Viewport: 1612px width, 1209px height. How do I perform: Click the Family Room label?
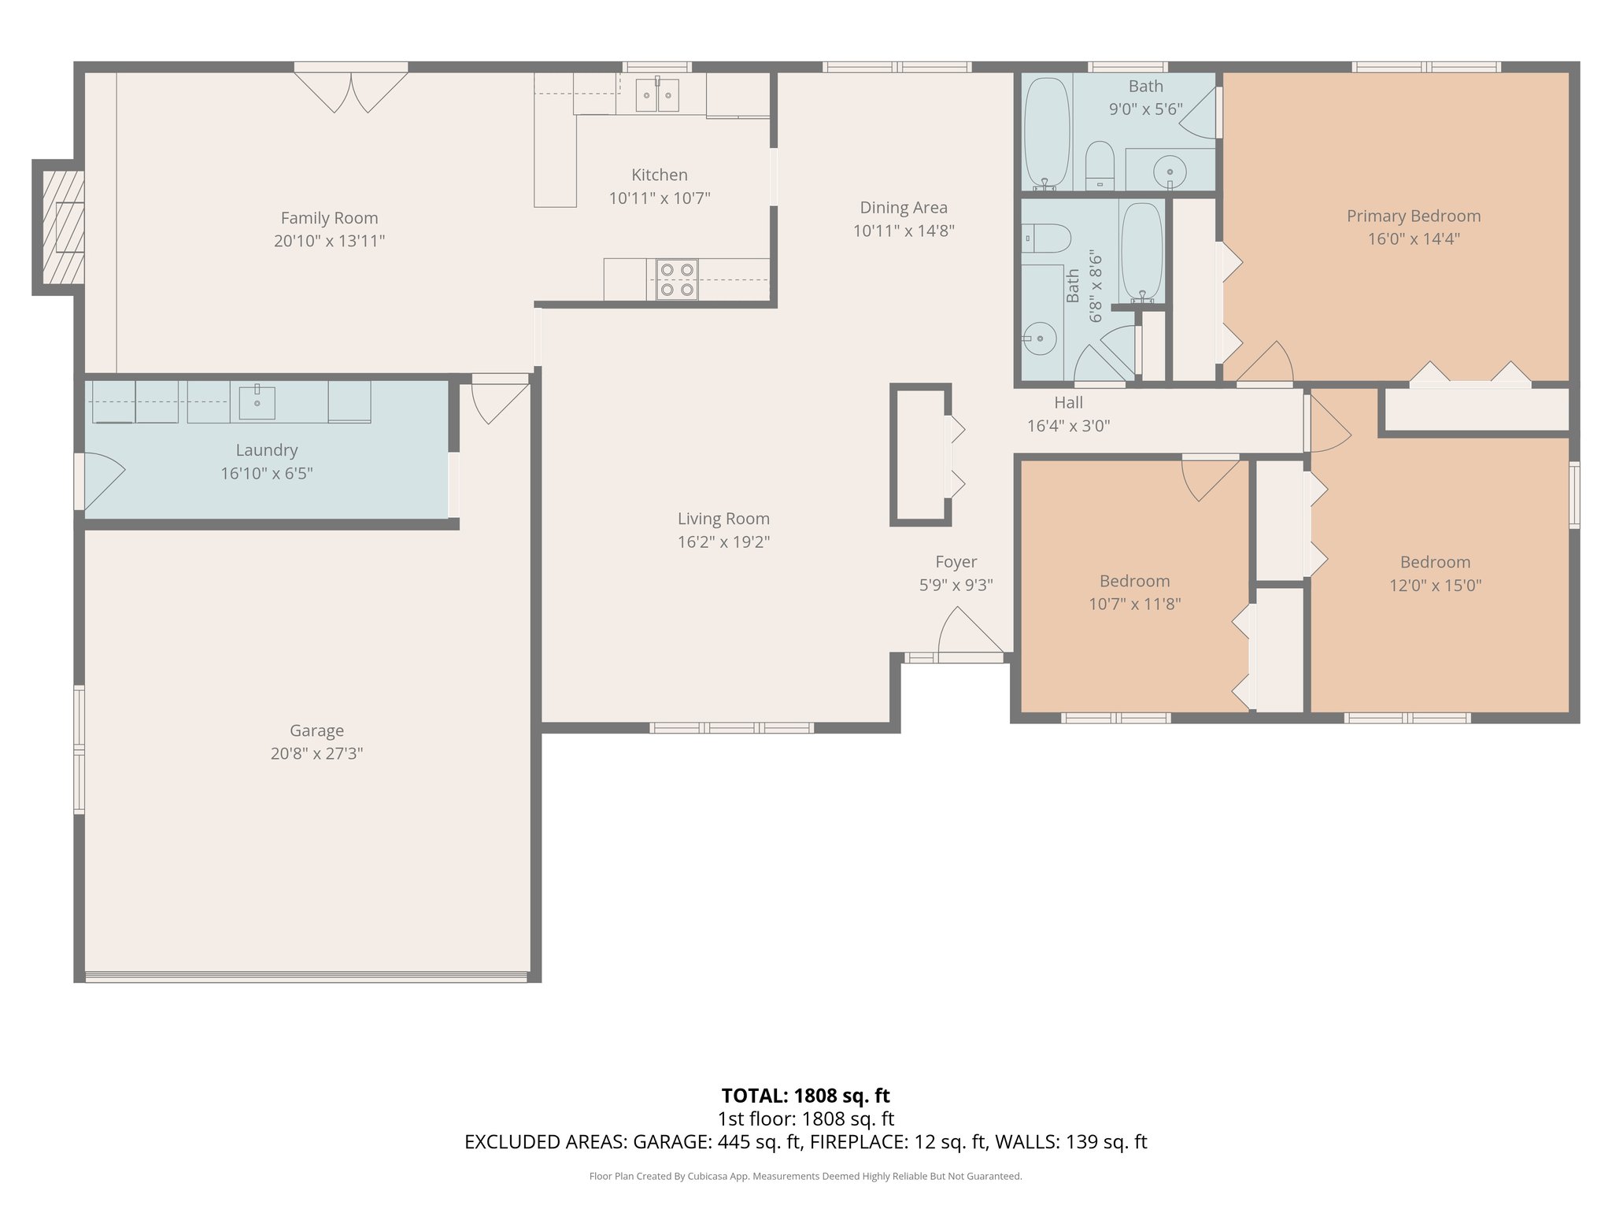point(329,218)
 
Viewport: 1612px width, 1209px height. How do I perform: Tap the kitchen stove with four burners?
point(677,279)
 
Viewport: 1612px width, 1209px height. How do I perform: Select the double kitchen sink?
point(656,95)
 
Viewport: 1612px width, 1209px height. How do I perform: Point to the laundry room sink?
point(257,401)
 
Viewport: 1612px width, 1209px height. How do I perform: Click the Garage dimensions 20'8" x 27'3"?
point(316,753)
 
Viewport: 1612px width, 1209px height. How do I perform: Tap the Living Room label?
point(723,519)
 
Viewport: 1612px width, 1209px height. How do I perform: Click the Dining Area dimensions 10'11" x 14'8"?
point(903,231)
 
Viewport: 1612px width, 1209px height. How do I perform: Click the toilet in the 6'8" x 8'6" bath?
point(1047,238)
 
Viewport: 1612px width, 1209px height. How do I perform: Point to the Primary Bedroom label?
point(1413,216)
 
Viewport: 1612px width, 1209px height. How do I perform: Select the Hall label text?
point(1068,403)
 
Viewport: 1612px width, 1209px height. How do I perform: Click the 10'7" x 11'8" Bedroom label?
point(1134,581)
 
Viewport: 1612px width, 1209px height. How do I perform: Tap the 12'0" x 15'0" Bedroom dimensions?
point(1435,585)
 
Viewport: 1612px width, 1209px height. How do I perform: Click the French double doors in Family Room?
point(351,91)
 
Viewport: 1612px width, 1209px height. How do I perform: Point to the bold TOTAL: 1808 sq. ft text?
point(805,1096)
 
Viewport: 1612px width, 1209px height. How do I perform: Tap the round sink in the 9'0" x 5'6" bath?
point(1170,171)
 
